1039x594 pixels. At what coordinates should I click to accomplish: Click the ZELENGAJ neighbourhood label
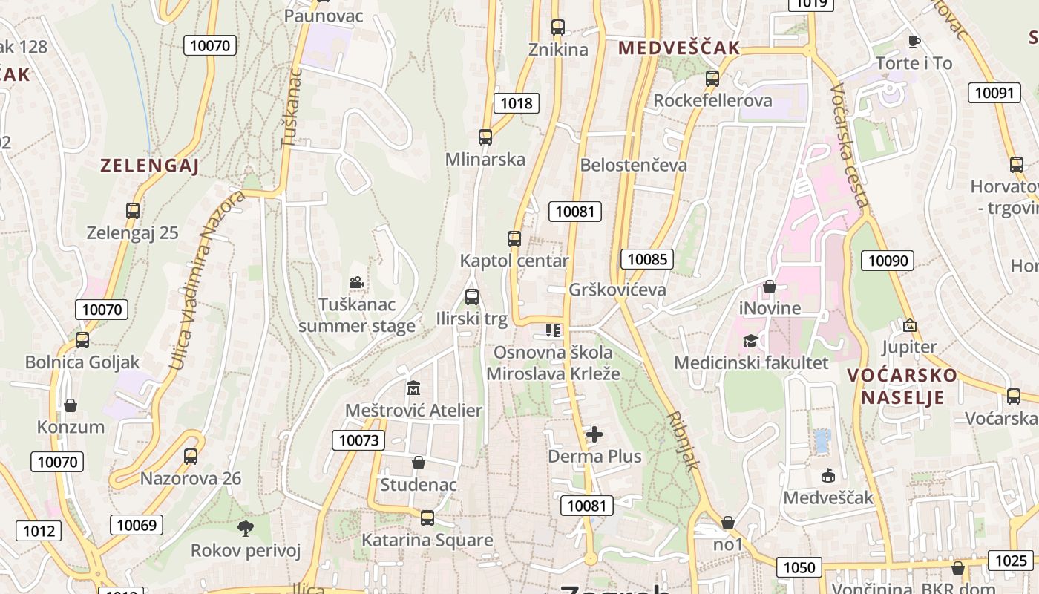(x=150, y=166)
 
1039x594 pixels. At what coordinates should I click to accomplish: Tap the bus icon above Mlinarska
(x=485, y=137)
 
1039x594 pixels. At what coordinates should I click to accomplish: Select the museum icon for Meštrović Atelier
(x=413, y=388)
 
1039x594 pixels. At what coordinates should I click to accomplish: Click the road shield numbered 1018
(x=517, y=103)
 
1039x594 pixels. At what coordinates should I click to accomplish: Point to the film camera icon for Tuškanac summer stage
(x=357, y=282)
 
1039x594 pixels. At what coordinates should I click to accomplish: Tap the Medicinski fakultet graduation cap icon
(x=751, y=341)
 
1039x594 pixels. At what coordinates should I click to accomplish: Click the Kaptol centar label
(x=514, y=261)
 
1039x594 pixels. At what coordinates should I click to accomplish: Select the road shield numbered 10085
(x=647, y=259)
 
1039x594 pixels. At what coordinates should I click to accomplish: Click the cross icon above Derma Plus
(x=594, y=434)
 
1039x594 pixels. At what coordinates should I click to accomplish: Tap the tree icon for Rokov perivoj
(x=246, y=529)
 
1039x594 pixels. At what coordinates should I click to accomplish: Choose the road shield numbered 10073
(x=358, y=440)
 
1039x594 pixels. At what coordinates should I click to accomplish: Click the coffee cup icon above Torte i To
(x=914, y=42)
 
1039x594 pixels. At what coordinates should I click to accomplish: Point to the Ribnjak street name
(x=684, y=441)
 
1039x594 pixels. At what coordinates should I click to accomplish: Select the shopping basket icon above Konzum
(x=71, y=405)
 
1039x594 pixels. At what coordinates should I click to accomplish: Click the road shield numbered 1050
(x=799, y=568)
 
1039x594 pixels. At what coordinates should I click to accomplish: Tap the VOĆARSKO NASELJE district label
(x=902, y=385)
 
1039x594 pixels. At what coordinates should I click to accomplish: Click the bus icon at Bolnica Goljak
(x=82, y=340)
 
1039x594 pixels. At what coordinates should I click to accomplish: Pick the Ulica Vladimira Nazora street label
(x=206, y=281)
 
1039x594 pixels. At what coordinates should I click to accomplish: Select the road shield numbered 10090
(x=888, y=261)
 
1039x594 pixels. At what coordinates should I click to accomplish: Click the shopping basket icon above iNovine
(x=770, y=286)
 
